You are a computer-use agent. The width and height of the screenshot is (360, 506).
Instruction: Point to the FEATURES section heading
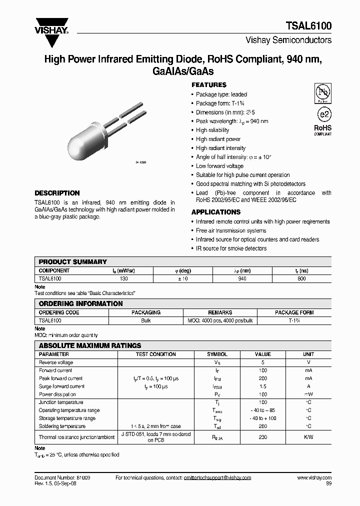(209, 85)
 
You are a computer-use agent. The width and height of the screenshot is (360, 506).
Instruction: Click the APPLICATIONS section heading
(215, 212)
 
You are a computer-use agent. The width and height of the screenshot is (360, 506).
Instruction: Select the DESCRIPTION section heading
(57, 193)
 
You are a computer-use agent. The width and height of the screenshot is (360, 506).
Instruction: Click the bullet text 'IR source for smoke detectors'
(231, 248)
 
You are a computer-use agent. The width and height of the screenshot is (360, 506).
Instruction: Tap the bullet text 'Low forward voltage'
(219, 166)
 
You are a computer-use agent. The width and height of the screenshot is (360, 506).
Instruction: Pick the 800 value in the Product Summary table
(301, 278)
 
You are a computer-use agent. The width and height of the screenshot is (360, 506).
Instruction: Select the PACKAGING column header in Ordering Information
(146, 312)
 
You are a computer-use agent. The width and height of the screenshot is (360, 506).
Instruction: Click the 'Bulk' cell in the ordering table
(146, 320)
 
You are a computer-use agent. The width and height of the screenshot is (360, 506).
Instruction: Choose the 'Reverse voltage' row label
(56, 362)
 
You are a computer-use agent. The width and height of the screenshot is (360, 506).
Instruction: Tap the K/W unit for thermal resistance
(308, 437)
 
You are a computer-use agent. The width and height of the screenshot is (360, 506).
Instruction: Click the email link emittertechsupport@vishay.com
(210, 478)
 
